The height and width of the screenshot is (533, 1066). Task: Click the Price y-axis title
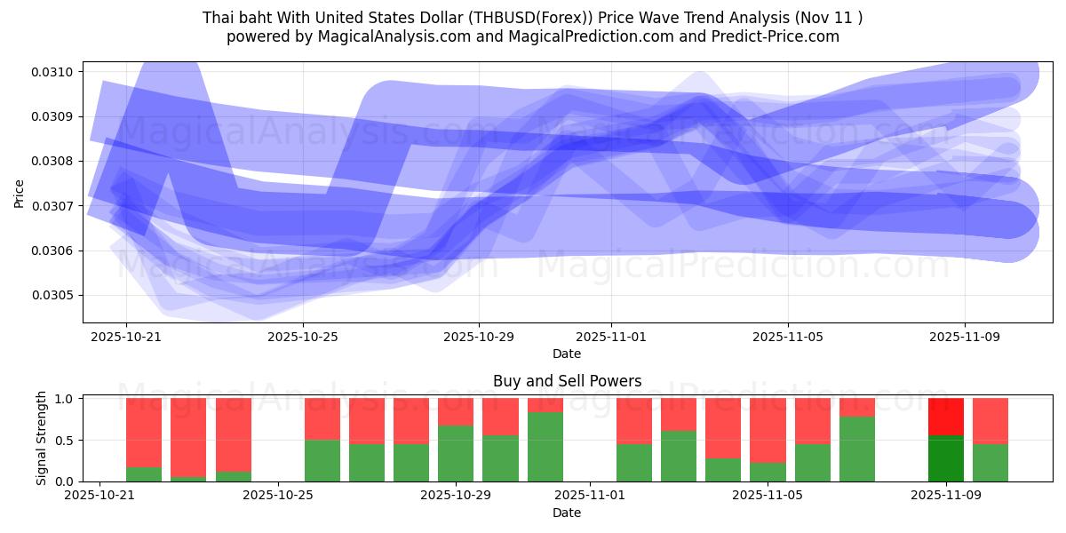[20, 192]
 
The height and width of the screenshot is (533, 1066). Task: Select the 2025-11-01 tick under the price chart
[611, 338]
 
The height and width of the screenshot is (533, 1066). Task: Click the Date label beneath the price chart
[567, 354]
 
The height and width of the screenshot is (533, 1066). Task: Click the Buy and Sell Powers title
[567, 381]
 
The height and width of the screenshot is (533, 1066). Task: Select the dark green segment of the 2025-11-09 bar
[946, 458]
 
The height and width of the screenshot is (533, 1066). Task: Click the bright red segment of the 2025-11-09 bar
[946, 416]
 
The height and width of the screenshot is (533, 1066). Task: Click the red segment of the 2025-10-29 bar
[456, 411]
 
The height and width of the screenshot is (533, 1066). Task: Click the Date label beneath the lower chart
[567, 513]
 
